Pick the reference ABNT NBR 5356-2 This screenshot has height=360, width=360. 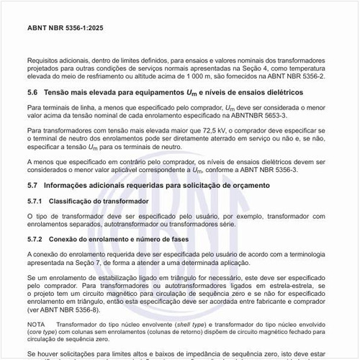(297, 74)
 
